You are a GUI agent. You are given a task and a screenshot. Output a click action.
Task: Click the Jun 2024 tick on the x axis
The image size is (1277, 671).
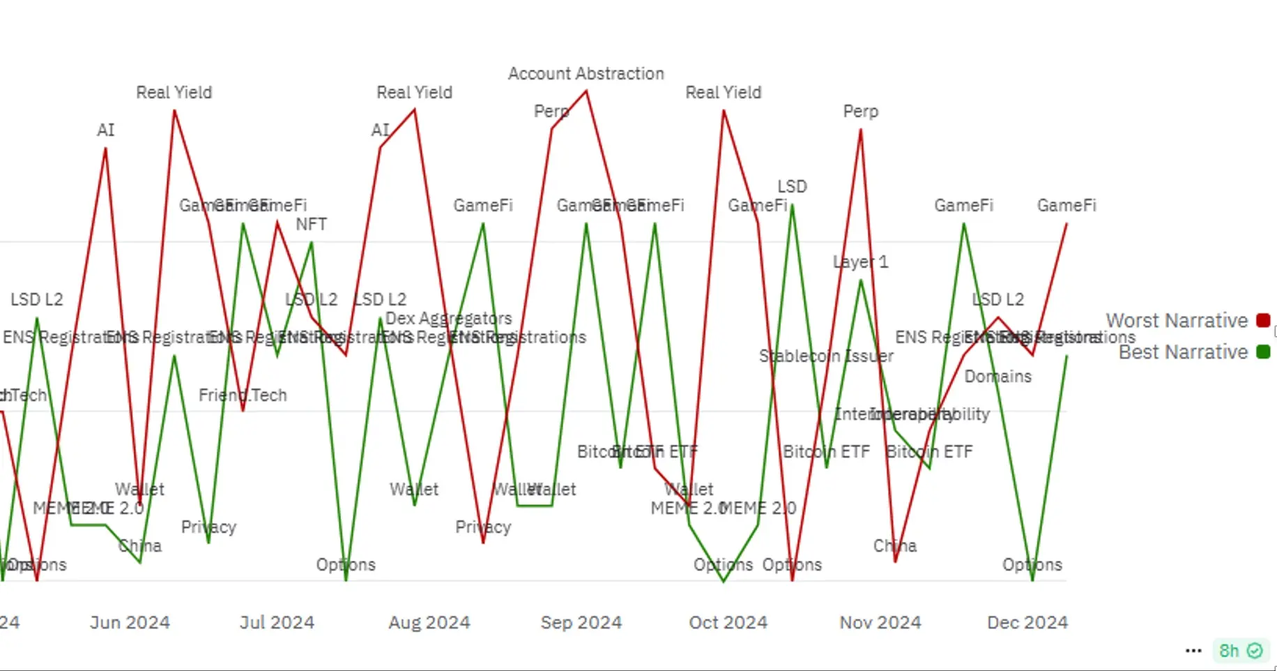(x=130, y=622)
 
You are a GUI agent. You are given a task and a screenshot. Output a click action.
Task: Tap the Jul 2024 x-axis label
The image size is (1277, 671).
(x=277, y=622)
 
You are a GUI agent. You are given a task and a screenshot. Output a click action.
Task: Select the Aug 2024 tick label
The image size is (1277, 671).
(x=429, y=622)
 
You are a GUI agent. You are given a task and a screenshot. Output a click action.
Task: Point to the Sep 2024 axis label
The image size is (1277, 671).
(x=581, y=622)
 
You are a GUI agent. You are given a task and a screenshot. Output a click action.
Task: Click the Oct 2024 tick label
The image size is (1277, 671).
(x=728, y=622)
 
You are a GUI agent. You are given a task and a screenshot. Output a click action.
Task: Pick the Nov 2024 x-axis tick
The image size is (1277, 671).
(x=880, y=622)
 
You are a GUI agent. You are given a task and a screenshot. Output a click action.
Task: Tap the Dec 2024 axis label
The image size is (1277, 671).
(x=1027, y=622)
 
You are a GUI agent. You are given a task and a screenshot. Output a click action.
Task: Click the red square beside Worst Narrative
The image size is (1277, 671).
(x=1262, y=320)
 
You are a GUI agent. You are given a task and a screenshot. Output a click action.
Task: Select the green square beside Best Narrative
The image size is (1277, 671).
(x=1262, y=352)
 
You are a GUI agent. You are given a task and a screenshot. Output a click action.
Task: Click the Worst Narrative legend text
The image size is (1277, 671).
(x=1176, y=321)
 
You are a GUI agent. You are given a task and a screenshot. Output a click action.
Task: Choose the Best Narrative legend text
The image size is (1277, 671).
(x=1183, y=352)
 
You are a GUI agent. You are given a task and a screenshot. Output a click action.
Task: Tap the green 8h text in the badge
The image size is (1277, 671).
(x=1228, y=651)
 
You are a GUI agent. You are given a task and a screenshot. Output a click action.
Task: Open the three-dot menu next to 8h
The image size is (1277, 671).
(x=1193, y=651)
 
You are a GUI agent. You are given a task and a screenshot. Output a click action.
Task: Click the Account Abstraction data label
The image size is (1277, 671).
(x=586, y=73)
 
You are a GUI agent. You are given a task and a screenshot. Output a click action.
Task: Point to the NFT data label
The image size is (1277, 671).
(x=311, y=224)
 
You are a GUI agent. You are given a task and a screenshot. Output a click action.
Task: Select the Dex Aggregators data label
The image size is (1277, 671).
(x=448, y=318)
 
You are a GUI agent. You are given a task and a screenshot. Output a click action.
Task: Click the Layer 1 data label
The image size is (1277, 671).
(x=860, y=262)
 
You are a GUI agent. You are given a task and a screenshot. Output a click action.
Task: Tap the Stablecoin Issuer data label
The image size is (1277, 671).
(x=826, y=356)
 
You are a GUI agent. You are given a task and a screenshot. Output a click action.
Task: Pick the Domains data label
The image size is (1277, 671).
(x=997, y=377)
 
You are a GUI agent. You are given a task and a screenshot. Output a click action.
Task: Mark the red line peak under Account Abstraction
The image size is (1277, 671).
(x=586, y=91)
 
